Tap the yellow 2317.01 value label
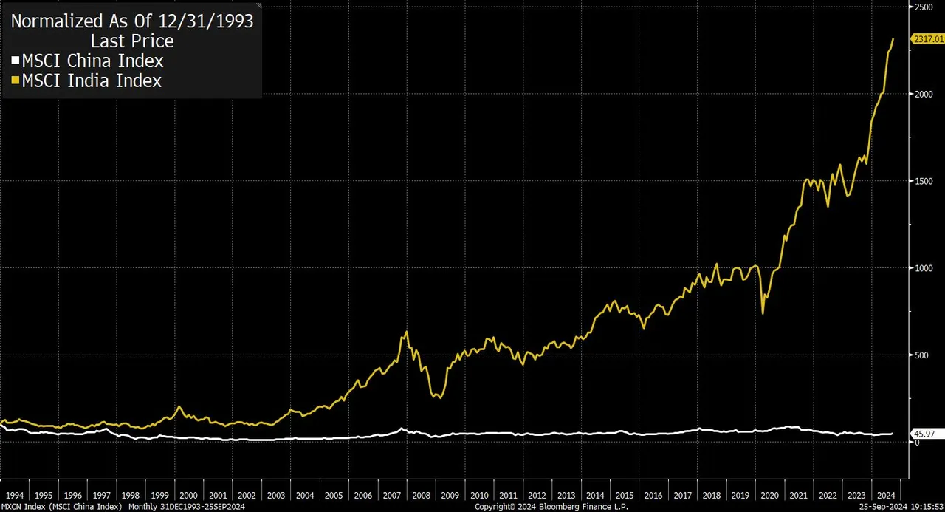click(x=928, y=38)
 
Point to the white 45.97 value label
click(x=924, y=434)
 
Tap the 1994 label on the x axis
click(x=15, y=495)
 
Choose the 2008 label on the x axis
click(x=421, y=495)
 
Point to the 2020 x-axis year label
click(x=769, y=495)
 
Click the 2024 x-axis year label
click(x=884, y=495)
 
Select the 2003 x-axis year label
click(x=275, y=495)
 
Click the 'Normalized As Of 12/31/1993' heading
click(x=131, y=21)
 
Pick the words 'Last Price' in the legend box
click(x=131, y=41)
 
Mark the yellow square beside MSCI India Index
click(x=16, y=81)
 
